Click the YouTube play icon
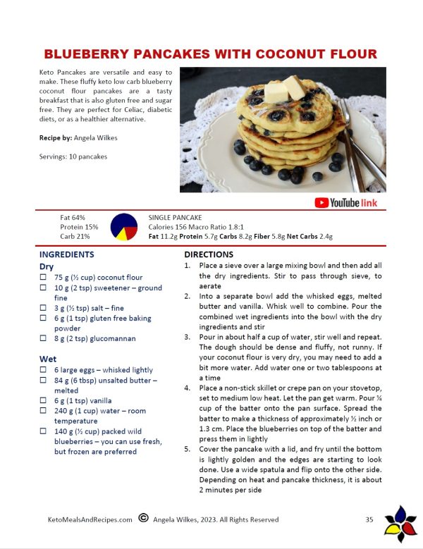click(321, 203)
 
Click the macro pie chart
click(124, 227)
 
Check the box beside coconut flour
click(44, 278)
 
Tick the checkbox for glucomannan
click(44, 338)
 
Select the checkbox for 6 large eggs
click(44, 370)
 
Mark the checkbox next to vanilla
click(44, 400)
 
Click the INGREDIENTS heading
click(67, 254)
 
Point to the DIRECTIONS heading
click(209, 254)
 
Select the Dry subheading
click(47, 266)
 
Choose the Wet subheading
click(48, 359)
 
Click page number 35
click(369, 519)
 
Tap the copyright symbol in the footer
click(143, 519)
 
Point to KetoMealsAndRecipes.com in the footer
click(90, 519)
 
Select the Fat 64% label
click(73, 218)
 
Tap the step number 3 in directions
click(188, 337)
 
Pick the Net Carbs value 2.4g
click(322, 237)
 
